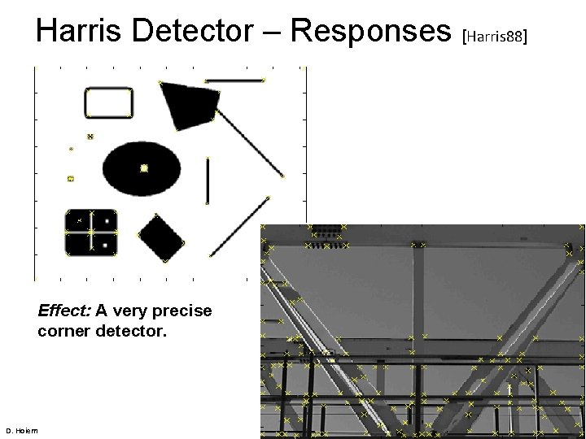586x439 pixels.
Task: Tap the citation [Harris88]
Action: coord(496,36)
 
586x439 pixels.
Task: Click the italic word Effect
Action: coord(64,311)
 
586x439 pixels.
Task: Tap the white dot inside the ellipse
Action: coord(144,168)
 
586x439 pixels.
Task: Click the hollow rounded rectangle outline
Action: coord(109,103)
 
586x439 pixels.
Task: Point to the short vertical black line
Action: coord(208,180)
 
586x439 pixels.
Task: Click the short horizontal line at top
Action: coord(234,80)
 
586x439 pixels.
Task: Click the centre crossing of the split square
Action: coord(91,232)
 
